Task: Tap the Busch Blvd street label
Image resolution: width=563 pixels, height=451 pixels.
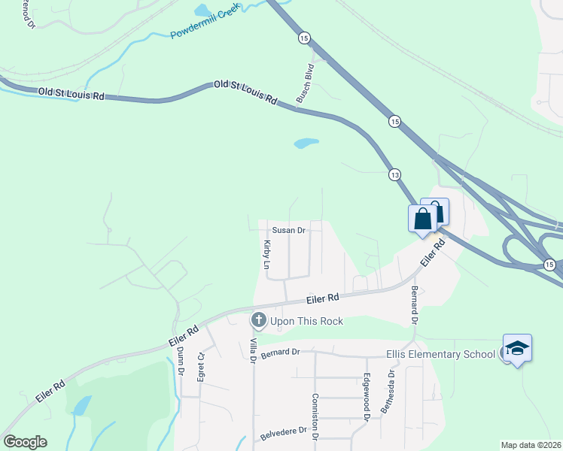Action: [304, 83]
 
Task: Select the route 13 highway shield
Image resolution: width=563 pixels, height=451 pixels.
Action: [394, 174]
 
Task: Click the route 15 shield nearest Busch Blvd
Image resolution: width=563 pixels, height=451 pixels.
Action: [303, 38]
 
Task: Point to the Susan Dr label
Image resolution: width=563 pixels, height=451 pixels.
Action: [288, 231]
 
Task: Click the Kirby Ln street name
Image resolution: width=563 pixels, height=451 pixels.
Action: [266, 255]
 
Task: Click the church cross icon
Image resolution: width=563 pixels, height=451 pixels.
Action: [258, 320]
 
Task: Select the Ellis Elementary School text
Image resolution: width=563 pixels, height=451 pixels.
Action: [440, 353]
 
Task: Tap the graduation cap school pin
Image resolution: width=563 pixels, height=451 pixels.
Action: [517, 348]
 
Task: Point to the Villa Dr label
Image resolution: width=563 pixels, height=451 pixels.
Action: [254, 350]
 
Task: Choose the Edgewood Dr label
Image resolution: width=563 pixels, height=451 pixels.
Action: [367, 396]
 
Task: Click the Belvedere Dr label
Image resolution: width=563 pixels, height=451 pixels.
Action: [284, 432]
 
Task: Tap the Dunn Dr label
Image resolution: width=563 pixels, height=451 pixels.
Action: [181, 360]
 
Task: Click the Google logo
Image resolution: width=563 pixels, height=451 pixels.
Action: [25, 441]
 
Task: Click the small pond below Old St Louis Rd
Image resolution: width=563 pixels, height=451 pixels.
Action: [306, 142]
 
